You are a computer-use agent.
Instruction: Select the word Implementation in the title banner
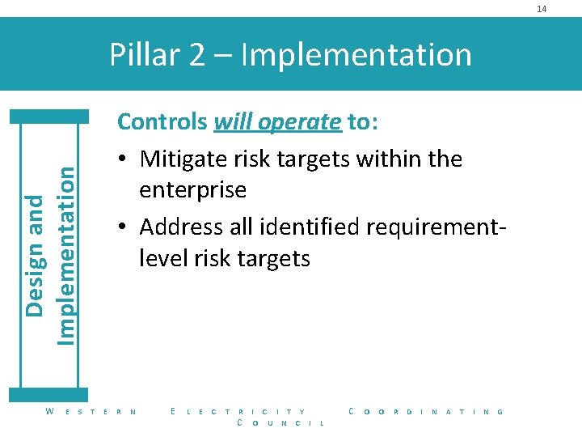[356, 54]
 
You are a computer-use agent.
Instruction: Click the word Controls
[162, 121]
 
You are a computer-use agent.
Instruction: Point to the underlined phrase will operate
[277, 121]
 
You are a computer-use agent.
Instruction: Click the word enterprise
[193, 191]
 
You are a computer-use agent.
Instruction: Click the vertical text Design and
[35, 256]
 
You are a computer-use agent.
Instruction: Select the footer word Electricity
[238, 412]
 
